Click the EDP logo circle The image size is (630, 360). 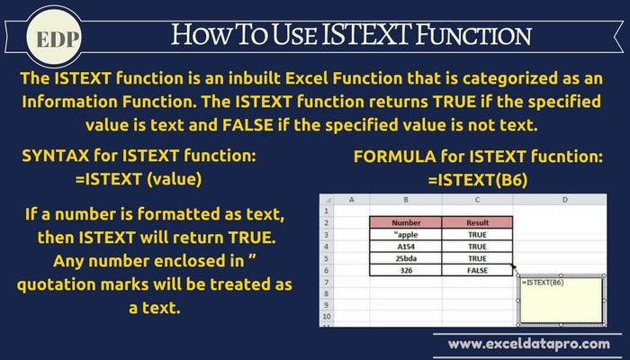(x=54, y=38)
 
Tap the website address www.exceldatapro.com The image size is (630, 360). (x=529, y=344)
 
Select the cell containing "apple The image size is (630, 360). (x=406, y=235)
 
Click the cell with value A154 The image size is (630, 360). (x=406, y=247)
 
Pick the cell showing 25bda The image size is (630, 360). (x=406, y=258)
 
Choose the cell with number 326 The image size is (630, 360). (x=406, y=270)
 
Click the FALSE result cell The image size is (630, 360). (x=477, y=270)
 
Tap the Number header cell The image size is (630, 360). (x=406, y=222)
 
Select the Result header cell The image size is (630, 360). (x=477, y=222)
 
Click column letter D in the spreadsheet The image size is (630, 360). (x=565, y=200)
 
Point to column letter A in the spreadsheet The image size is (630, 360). (x=352, y=200)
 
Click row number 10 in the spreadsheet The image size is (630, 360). (x=326, y=316)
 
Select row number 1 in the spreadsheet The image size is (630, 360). (x=326, y=211)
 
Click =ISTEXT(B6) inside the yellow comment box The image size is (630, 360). (x=543, y=283)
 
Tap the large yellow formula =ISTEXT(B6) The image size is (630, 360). (x=478, y=180)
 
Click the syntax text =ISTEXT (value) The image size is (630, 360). (x=139, y=179)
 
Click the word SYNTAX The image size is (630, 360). (x=56, y=156)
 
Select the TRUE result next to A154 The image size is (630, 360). (x=477, y=247)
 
